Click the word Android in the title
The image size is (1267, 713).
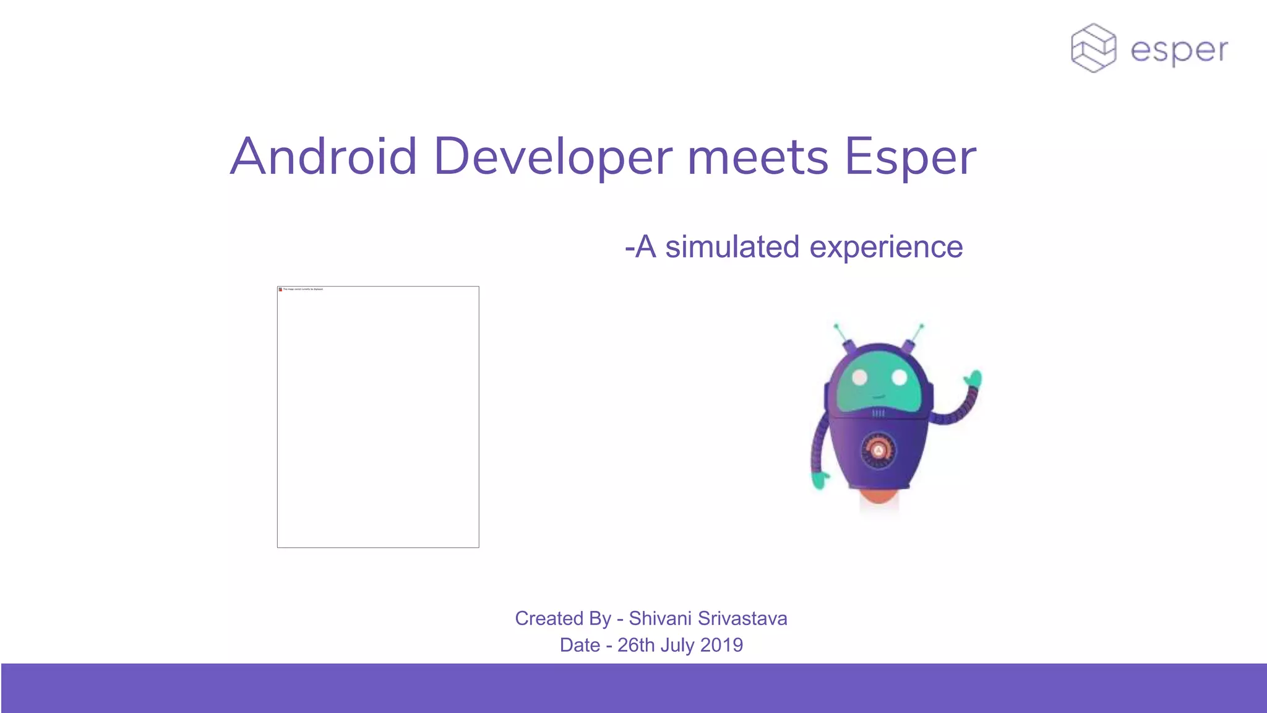click(x=324, y=157)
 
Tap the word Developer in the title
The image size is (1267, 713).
click(x=552, y=157)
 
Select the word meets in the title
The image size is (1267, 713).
click(x=757, y=158)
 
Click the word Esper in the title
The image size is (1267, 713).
click(x=910, y=158)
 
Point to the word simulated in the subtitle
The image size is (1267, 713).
click(x=732, y=247)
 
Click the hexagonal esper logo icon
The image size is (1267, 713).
click(x=1093, y=48)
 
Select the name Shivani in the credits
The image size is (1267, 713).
click(x=660, y=618)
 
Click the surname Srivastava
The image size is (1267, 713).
click(x=742, y=618)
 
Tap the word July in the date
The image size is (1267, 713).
click(x=677, y=645)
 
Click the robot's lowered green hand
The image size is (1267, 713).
click(x=820, y=480)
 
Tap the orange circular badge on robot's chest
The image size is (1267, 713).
click(x=878, y=451)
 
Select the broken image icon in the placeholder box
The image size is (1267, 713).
click(x=280, y=289)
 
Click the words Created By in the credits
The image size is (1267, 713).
click(x=562, y=618)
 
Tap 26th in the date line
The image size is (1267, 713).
click(x=636, y=645)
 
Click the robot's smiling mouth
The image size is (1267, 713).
click(x=879, y=397)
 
